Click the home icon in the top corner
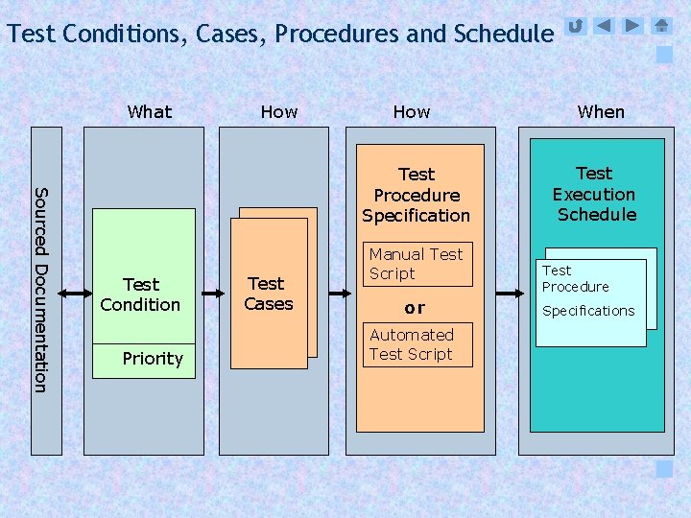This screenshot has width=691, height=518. tap(661, 26)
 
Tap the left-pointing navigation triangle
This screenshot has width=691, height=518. tap(604, 26)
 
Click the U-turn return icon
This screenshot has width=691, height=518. tap(575, 26)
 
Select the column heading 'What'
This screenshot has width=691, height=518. tap(150, 112)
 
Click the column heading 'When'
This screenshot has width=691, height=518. tap(601, 112)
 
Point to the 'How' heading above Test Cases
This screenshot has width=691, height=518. tap(279, 112)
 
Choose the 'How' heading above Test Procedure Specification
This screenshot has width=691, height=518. tap(412, 112)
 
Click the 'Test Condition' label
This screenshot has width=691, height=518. tap(141, 294)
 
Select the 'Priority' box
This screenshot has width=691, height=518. tap(144, 360)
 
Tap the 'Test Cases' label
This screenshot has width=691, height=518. tap(268, 294)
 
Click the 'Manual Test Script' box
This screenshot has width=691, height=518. tap(417, 264)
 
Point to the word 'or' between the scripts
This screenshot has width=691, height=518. tap(415, 308)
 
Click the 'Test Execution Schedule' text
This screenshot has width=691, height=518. tap(595, 194)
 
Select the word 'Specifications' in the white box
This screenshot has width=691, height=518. tap(588, 311)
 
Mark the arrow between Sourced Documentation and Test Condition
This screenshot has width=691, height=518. tap(74, 293)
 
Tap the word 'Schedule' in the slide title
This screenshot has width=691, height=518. tap(504, 35)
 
